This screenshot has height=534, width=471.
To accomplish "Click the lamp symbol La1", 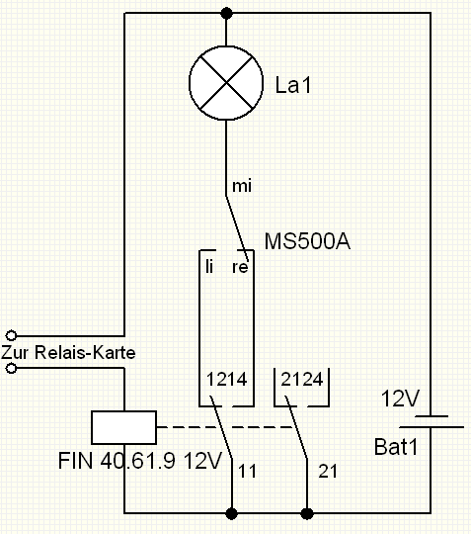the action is tap(226, 83).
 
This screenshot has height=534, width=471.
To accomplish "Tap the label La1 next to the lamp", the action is tap(293, 85).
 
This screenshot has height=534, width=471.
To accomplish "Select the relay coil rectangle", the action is tap(124, 427).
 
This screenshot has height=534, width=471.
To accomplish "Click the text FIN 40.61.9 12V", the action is tap(140, 461).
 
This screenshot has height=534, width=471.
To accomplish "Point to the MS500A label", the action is tap(307, 241).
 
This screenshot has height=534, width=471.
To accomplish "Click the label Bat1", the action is tap(396, 447).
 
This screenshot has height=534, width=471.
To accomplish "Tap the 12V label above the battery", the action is tap(400, 399).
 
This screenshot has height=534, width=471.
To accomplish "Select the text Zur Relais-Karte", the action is tap(68, 352).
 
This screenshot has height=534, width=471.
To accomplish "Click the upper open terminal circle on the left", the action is tap(11, 335).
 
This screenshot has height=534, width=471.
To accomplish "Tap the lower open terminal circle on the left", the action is tap(11, 368).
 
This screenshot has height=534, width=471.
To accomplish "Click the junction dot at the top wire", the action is tap(227, 13).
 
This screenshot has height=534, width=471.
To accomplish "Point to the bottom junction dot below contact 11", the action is tap(232, 513).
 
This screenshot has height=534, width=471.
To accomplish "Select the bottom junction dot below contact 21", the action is tap(307, 513).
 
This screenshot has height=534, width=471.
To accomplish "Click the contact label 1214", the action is tap(227, 379).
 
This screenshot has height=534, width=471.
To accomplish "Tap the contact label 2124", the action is tap(302, 379).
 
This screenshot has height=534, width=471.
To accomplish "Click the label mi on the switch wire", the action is tap(242, 186).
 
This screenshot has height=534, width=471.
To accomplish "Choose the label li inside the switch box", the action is tap(209, 266).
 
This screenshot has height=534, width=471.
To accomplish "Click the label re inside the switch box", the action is tap(240, 267).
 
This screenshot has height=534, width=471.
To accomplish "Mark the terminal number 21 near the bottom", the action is tap(328, 472).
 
